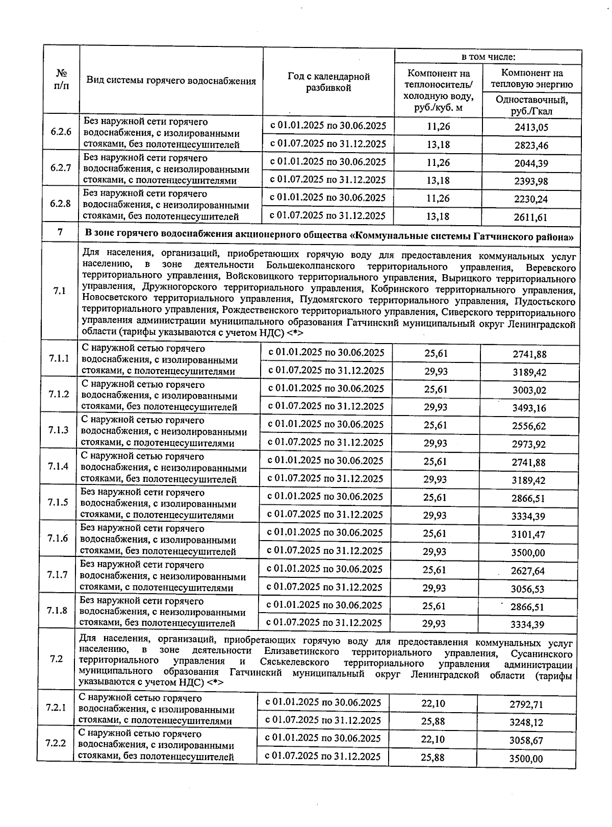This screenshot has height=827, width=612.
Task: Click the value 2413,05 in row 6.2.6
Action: click(x=531, y=127)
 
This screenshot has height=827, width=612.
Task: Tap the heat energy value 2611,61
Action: click(x=530, y=217)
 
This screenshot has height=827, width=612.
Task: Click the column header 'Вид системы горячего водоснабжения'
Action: click(x=171, y=81)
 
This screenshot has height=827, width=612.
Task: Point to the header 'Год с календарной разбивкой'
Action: click(x=328, y=82)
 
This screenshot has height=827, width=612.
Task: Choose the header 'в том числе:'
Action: click(x=488, y=57)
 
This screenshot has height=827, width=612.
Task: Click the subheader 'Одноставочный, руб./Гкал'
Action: click(x=531, y=105)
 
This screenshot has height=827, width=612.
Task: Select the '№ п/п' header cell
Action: click(x=61, y=80)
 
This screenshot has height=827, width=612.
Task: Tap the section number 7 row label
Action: click(x=60, y=233)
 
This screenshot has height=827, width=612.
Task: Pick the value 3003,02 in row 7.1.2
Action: click(x=529, y=391)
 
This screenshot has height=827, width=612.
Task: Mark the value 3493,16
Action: click(x=529, y=408)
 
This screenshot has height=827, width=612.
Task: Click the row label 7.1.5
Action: click(x=59, y=502)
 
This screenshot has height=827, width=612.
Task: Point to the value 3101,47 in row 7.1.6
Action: click(x=528, y=534)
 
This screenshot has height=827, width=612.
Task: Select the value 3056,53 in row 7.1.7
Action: click(x=527, y=589)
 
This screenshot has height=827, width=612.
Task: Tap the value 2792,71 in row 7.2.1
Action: click(x=526, y=705)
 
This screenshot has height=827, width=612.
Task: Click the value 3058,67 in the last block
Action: click(x=526, y=740)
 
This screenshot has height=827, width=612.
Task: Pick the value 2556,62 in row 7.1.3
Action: click(x=529, y=426)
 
